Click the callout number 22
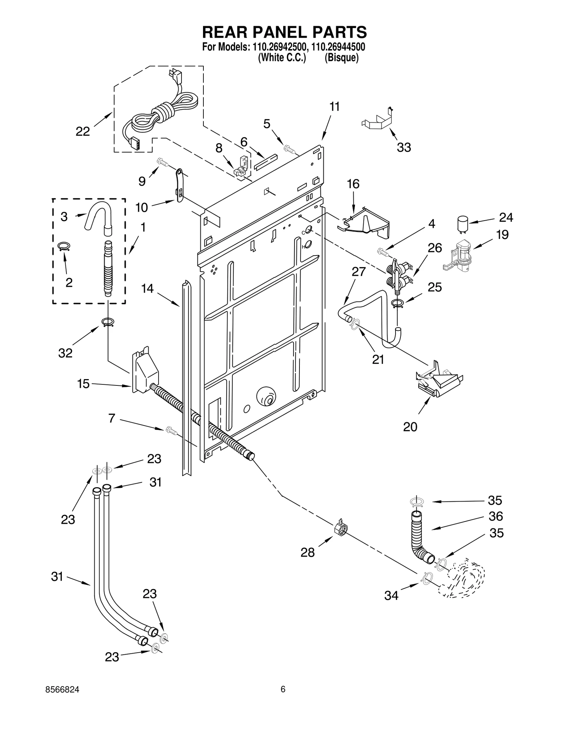(83, 132)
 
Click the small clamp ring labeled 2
(64, 246)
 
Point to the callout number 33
(404, 148)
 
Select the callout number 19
(502, 235)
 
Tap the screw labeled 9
(163, 162)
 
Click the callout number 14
(147, 288)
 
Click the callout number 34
(391, 596)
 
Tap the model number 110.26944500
(339, 47)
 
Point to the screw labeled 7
(170, 430)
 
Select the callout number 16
(353, 184)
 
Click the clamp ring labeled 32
(107, 322)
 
